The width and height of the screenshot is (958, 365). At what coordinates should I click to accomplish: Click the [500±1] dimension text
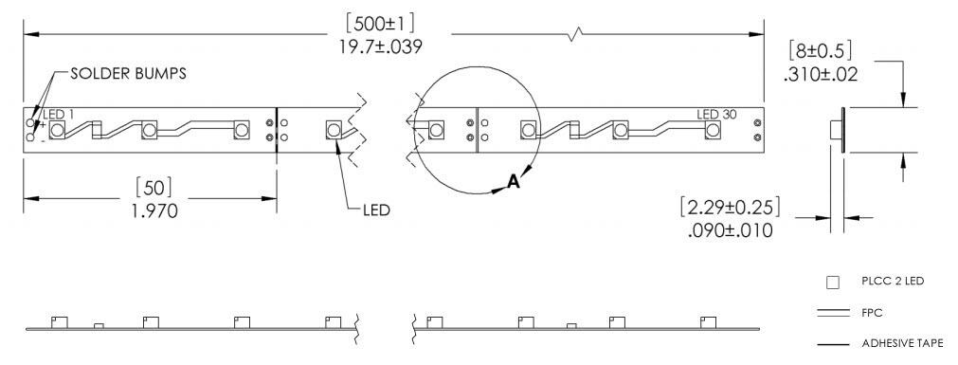coord(381,25)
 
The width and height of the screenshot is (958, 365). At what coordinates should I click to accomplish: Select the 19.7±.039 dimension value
coord(381,46)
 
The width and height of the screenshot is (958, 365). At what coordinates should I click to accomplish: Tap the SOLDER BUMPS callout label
coord(128,73)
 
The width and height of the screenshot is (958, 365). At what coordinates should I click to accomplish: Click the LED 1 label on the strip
coord(60,115)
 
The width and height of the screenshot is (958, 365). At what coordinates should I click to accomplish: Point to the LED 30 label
coord(717,115)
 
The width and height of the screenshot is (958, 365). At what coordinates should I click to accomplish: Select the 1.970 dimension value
coord(154,210)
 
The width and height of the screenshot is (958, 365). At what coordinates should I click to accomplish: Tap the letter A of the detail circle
coord(515,181)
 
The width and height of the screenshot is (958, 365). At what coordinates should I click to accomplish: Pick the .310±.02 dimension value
coord(820,75)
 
